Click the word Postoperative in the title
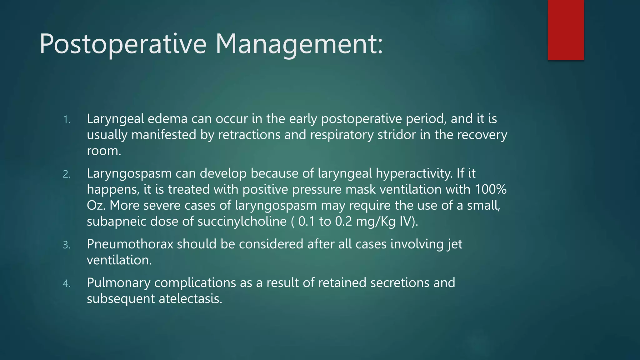point(123,44)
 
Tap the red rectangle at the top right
point(566,30)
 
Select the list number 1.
point(67,120)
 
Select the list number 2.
point(67,174)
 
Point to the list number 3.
point(67,245)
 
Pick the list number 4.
point(67,284)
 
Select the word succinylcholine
point(242,222)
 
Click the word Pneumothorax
point(130,244)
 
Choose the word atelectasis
point(190,299)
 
